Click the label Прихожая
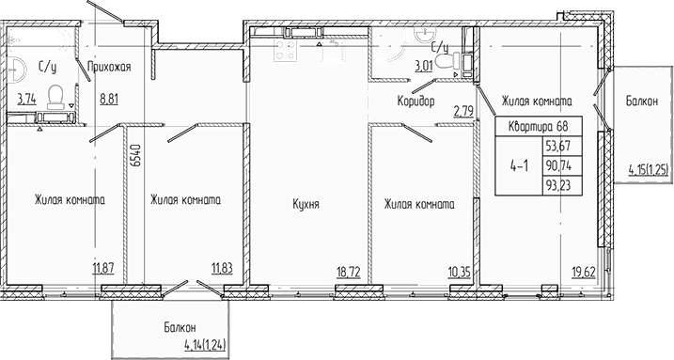(107, 66)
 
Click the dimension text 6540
(137, 155)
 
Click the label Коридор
(415, 102)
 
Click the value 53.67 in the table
(560, 147)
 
